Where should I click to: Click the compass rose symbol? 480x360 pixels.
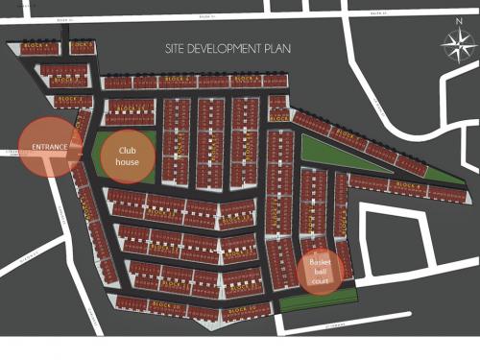click(453, 44)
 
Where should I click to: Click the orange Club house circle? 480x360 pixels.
click(129, 156)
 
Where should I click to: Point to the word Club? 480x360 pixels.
click(129, 150)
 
